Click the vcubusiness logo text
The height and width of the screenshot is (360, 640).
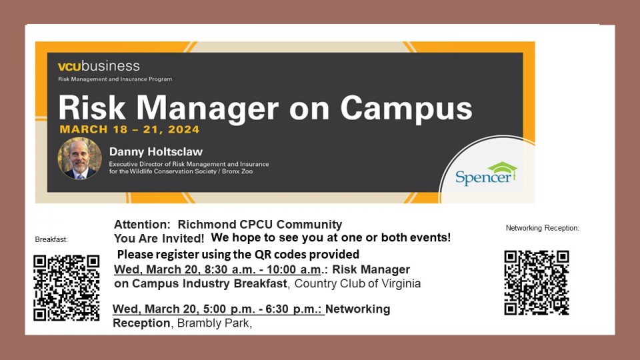coord(99,66)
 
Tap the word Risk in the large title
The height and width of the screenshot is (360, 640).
coord(92,108)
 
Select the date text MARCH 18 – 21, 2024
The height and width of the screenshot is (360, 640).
coord(129,130)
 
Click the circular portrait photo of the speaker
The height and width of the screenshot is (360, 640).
coord(79,159)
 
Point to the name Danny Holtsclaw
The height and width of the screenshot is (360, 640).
coord(156,152)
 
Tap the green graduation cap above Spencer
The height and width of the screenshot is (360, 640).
coord(503,168)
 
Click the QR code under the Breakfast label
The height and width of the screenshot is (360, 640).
coord(67,288)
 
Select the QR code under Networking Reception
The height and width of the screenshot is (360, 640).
coord(537,283)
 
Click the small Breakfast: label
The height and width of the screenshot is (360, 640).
coord(51,239)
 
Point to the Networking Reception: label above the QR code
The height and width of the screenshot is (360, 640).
coord(543,228)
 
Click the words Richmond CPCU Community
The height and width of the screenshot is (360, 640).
coord(260,225)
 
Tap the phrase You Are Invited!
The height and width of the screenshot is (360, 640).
coord(159,238)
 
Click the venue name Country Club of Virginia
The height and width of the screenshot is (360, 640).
coord(357,284)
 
